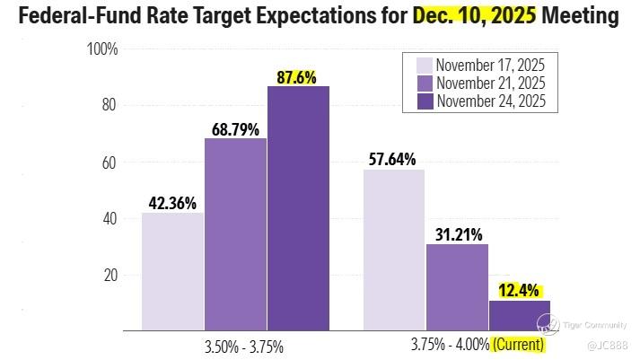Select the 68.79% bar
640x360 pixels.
[235, 234]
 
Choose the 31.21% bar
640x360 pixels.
[457, 286]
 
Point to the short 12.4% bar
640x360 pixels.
[519, 315]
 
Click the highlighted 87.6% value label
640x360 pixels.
[296, 77]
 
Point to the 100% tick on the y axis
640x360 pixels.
[102, 48]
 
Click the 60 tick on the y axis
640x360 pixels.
[109, 162]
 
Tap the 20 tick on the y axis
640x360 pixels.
[109, 276]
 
